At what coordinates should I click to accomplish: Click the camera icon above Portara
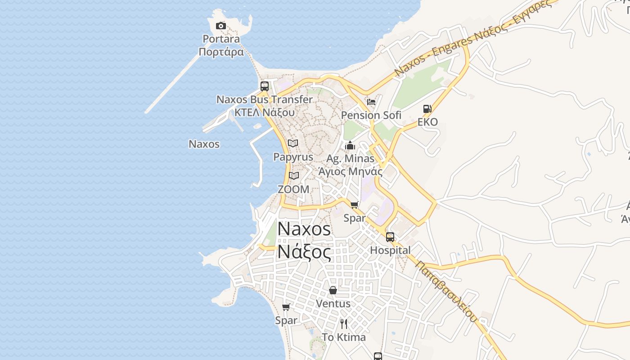coord(220,26)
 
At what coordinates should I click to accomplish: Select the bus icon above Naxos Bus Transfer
coord(265,86)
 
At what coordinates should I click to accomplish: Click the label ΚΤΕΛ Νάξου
coord(265,112)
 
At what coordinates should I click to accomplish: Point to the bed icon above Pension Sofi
coord(371,102)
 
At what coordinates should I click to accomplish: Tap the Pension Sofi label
coord(371,115)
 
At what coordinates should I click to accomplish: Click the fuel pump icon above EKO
coord(427,109)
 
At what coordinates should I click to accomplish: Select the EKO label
coord(427,122)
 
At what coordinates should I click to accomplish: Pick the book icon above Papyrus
coord(293,144)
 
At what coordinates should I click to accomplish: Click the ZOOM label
coord(293,189)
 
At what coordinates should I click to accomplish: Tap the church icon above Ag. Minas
coord(350,145)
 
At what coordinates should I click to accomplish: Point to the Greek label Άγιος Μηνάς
coord(350,171)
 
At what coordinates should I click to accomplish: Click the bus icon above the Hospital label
coord(390,237)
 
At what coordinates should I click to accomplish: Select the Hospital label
coord(390,250)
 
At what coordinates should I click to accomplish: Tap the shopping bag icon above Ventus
coord(333,290)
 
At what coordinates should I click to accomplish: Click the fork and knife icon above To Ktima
coord(344,324)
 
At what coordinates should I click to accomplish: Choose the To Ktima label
coord(344,337)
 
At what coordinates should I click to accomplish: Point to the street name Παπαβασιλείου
coord(446,291)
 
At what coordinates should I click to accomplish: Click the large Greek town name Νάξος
coord(304,251)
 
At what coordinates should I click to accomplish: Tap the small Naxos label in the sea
coord(204,144)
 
